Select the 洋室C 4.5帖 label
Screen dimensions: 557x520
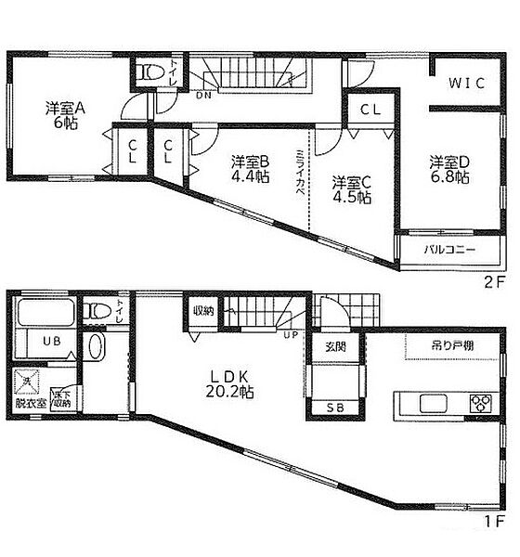[352, 189]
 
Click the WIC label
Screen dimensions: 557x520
[466, 83]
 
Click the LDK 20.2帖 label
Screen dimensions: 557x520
[232, 386]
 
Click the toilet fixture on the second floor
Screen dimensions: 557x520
[149, 71]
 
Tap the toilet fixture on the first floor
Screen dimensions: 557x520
[98, 311]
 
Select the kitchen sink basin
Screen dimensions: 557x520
[434, 404]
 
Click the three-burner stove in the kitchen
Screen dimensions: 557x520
[480, 404]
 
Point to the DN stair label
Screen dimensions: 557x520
[203, 94]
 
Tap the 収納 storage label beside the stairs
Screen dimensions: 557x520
[204, 312]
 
